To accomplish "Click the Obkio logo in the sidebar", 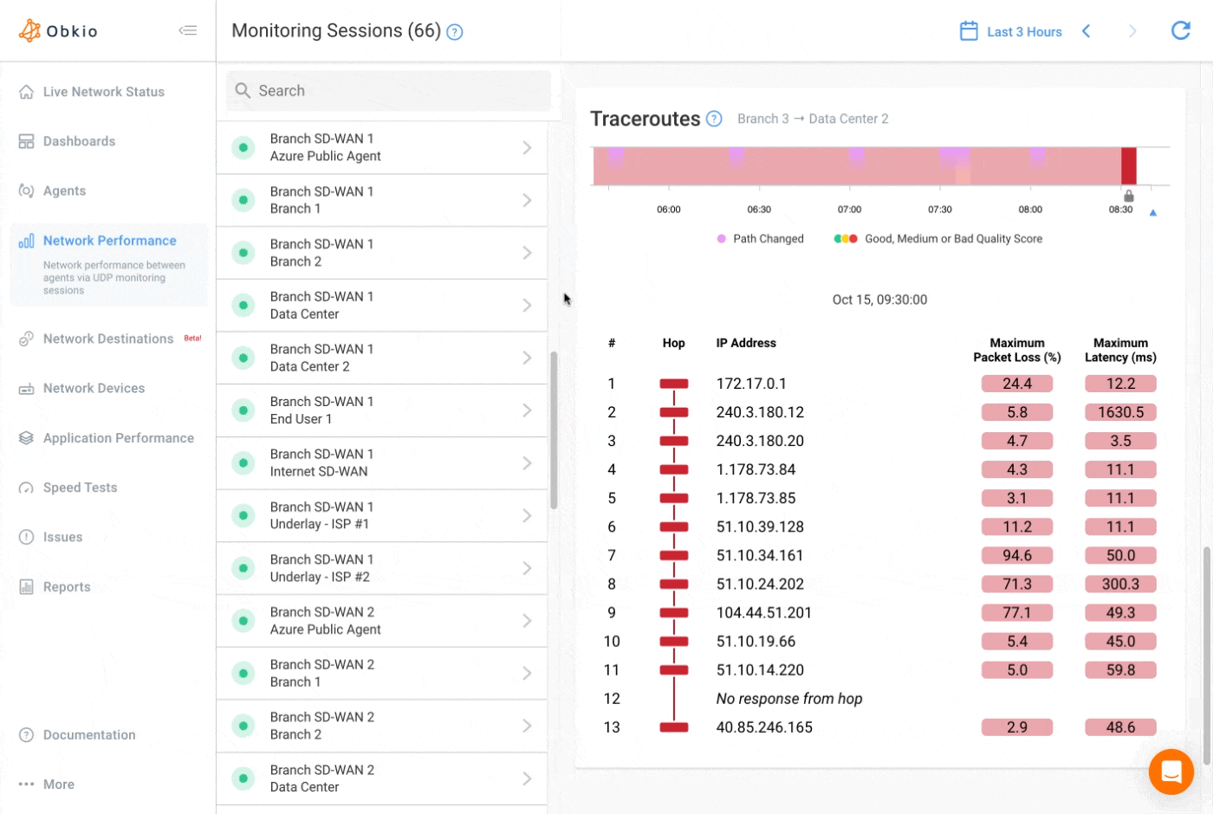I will point(59,31).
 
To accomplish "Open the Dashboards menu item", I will point(79,141).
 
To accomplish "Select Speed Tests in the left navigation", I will point(80,488).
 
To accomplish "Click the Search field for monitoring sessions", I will point(388,91).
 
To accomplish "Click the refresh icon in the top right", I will point(1180,31).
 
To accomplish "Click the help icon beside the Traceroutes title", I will point(714,119).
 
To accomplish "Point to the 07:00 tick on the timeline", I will point(849,210).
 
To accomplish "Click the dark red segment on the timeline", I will point(1128,166).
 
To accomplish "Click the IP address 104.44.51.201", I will point(763,612).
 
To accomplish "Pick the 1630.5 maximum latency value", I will point(1120,412).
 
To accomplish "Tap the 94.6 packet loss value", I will point(1016,555).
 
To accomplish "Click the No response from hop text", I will point(788,699).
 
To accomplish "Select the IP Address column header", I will point(745,343).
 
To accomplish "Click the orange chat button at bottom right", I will point(1171,771).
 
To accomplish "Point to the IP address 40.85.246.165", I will point(763,727).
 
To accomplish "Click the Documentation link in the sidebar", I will point(89,734).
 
